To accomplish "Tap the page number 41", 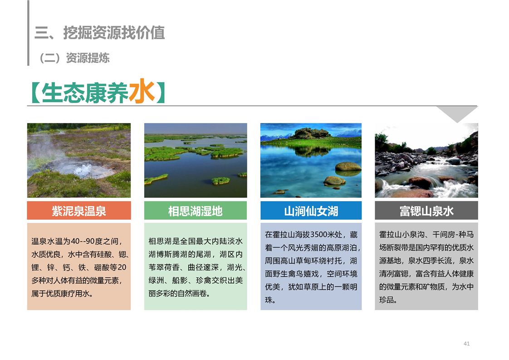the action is pos(466,343).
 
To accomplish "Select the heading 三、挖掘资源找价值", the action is pos(100,33).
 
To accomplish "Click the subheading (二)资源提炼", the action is pos(74,58).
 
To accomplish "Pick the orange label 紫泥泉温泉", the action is pos(79,211).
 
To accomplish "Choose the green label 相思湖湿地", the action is pos(195,211).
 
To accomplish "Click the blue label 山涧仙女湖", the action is pos(311,211).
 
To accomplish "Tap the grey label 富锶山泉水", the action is pos(426,211).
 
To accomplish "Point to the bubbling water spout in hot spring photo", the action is pos(83,170).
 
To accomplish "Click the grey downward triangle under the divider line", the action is pos(457,113).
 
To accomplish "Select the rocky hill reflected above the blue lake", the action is pos(311,133).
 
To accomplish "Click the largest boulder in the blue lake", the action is pos(348,167).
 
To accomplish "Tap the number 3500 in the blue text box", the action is pos(319,234).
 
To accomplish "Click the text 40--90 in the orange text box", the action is pos(83,241).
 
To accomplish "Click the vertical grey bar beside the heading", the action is pos(28,33).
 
